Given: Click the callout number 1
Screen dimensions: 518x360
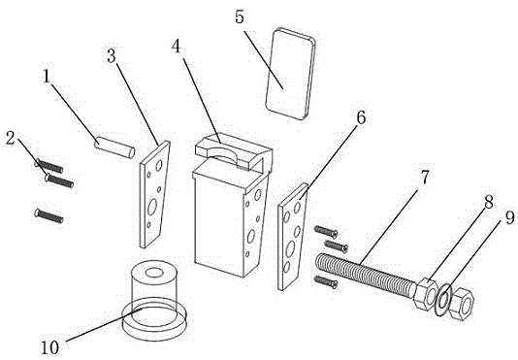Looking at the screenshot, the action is [47, 78].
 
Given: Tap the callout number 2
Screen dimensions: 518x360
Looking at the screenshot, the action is [11, 138].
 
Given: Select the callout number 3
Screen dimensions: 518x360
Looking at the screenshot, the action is [112, 56].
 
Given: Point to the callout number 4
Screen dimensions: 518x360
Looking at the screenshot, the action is [177, 47].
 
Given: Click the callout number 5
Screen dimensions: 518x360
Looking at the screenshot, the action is [240, 16].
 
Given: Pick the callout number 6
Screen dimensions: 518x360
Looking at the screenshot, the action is [361, 117].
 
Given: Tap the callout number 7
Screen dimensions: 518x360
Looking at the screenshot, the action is [425, 178].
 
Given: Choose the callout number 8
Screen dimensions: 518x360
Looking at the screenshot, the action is [489, 202].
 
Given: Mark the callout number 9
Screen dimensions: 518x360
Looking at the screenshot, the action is [509, 218].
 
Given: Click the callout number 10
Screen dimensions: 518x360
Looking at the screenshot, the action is [50, 347].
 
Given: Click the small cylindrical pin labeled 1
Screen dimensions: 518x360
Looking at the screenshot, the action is [114, 147].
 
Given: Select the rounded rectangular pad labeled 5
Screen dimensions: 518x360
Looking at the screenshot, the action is [290, 74].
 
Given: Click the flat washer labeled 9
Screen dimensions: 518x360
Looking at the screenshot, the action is [443, 300].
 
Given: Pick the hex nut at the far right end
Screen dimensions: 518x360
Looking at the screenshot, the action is [461, 304].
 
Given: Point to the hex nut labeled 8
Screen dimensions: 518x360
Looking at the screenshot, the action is [425, 294].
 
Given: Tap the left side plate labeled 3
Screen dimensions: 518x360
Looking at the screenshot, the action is [154, 194].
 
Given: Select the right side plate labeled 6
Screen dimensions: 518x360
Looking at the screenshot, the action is [293, 237].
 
